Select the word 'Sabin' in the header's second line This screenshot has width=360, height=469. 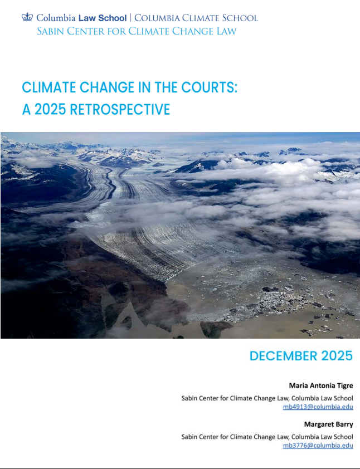[50, 31]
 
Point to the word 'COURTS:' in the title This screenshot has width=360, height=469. [211, 87]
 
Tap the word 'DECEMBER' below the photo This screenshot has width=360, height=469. [283, 356]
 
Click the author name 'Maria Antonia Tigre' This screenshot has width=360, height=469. [320, 385]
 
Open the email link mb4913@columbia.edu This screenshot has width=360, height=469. [318, 407]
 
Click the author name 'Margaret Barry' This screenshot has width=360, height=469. [328, 424]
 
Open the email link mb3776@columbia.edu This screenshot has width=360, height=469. [318, 445]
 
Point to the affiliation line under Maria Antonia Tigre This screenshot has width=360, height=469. [267, 398]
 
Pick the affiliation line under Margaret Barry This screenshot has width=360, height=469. [267, 436]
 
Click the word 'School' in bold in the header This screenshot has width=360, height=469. [113, 18]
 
